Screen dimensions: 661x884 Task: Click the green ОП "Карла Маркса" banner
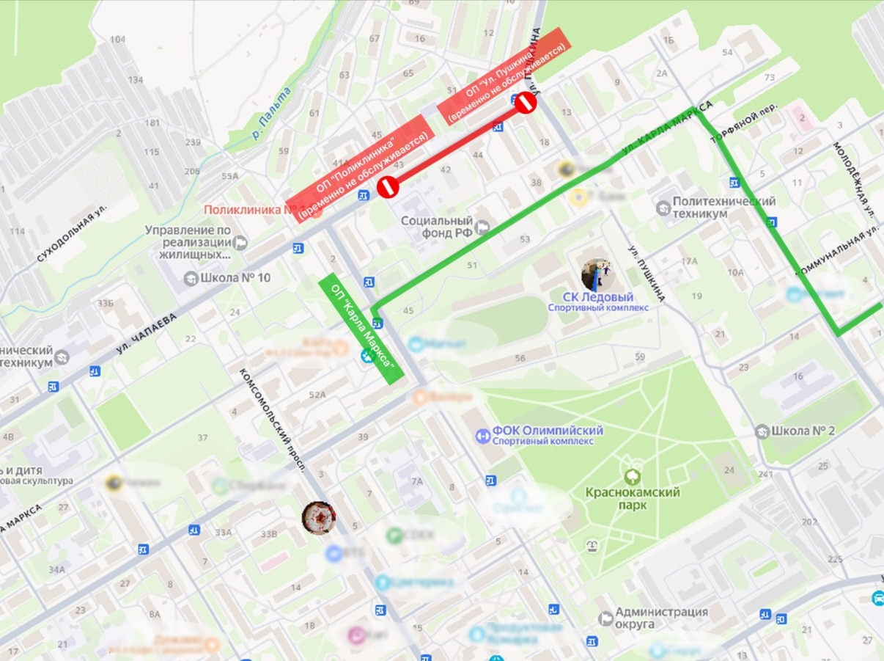361,327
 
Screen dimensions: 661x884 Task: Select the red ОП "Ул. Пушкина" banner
504,76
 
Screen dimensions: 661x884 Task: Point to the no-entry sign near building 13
525,103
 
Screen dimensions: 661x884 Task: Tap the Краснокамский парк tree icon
632,477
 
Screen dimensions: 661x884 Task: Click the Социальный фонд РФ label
436,227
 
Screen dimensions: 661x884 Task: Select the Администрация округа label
661,618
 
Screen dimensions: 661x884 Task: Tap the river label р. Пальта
270,114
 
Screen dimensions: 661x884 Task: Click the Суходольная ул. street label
71,234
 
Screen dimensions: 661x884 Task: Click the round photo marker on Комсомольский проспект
319,517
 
